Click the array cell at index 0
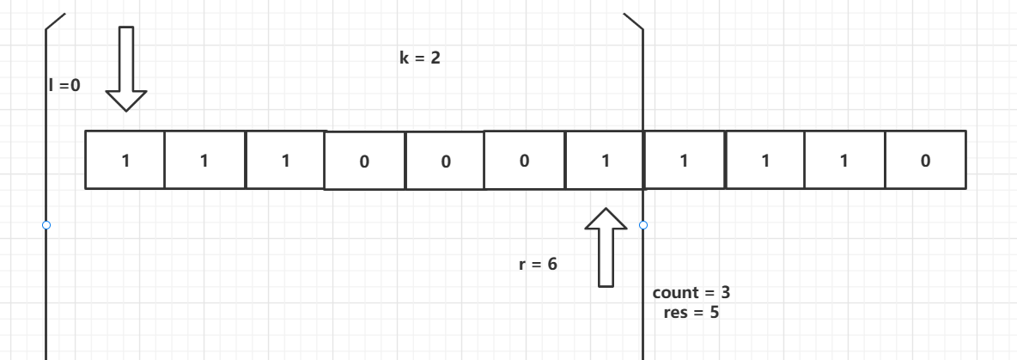coord(125,160)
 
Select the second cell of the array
coord(204,160)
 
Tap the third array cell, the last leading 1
coord(285,160)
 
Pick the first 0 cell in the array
coord(364,161)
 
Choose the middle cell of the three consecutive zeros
coord(445,161)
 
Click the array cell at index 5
coord(525,161)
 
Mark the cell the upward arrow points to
coord(605,160)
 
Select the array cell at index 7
coord(684,160)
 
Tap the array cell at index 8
coord(764,160)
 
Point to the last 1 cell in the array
coord(844,160)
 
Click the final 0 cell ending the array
coord(925,160)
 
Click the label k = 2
coord(420,59)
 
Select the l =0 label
coord(64,84)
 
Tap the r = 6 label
coord(539,265)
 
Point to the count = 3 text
coord(691,292)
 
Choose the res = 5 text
coord(691,312)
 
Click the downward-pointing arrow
coord(126,69)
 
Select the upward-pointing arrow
coord(606,247)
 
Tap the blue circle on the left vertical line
coord(46,225)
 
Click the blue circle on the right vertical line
coord(643,225)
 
